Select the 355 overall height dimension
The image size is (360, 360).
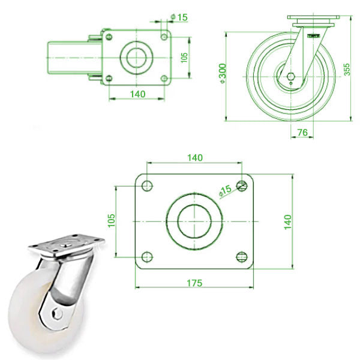[347, 70]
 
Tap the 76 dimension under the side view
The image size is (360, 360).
[302, 131]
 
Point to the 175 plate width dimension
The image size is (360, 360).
[193, 282]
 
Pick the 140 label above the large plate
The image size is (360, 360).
[194, 157]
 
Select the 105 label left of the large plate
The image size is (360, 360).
[110, 221]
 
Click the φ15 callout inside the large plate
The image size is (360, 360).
[224, 191]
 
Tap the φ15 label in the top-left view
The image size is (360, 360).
[179, 17]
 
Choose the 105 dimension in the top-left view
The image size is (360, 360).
[185, 57]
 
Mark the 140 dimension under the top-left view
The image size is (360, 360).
[137, 94]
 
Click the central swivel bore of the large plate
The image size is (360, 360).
[194, 221]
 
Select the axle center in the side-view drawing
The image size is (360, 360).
[290, 77]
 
